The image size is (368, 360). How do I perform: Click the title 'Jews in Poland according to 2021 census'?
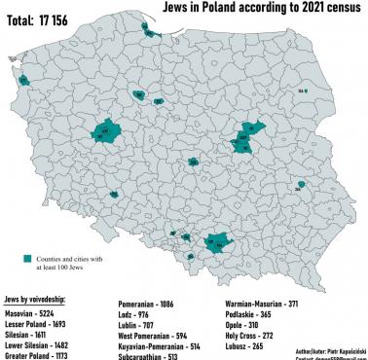click(256, 9)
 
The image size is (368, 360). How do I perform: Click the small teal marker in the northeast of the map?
click(305, 90)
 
